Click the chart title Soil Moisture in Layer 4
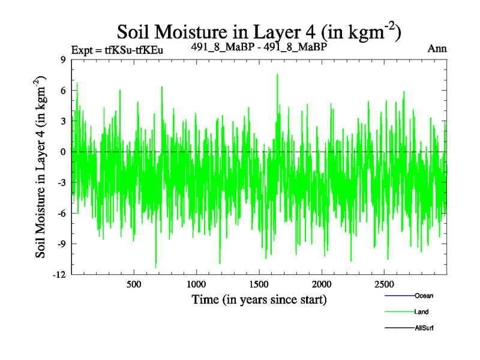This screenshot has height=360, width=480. (x=258, y=32)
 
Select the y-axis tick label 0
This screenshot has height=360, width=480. (x=63, y=152)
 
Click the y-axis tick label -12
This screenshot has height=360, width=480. (x=59, y=274)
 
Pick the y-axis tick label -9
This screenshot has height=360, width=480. (x=61, y=244)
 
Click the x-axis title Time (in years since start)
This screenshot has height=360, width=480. (x=259, y=299)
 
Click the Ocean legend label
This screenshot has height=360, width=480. (x=424, y=296)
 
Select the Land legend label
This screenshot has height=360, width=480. (x=421, y=312)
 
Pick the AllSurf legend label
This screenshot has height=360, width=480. (x=424, y=328)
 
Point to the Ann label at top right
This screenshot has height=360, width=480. (x=437, y=49)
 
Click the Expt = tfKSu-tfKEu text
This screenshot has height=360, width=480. (x=117, y=50)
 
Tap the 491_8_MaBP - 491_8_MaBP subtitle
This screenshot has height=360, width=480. (x=258, y=46)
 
